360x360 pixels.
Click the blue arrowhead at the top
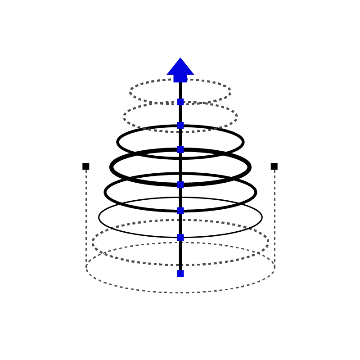[x=180, y=70]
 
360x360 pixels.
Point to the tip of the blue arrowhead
[x=180, y=57]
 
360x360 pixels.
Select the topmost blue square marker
[x=180, y=102]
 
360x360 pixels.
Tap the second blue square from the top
[x=180, y=125]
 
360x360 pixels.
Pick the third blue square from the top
[x=180, y=149]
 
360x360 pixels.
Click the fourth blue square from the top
[x=180, y=184]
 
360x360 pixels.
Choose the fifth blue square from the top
[x=180, y=211]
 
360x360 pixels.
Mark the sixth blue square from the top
[x=180, y=238]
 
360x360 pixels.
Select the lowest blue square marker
[x=180, y=274]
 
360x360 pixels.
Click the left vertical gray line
[x=85, y=220]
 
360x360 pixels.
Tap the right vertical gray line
[x=275, y=220]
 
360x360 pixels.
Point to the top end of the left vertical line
[x=85, y=171]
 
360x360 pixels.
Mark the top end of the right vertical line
[x=275, y=171]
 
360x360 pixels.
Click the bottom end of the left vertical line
[x=85, y=271]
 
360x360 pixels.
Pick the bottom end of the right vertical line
[x=275, y=271]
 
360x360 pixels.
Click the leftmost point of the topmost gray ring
[x=127, y=92]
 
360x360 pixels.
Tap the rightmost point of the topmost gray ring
[x=233, y=92]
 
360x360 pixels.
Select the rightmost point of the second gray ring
[x=238, y=117]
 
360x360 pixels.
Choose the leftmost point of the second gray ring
[x=123, y=117]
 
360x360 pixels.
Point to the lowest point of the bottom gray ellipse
[x=180, y=293]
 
